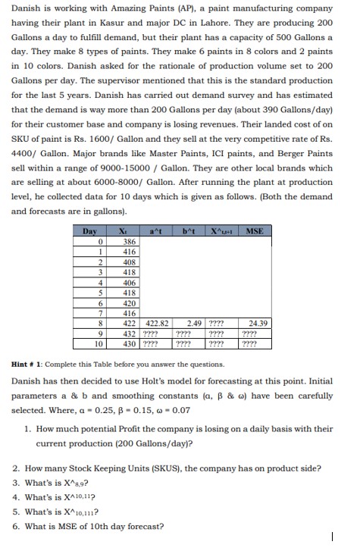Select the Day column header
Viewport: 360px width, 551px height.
pyautogui.click(x=90, y=230)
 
